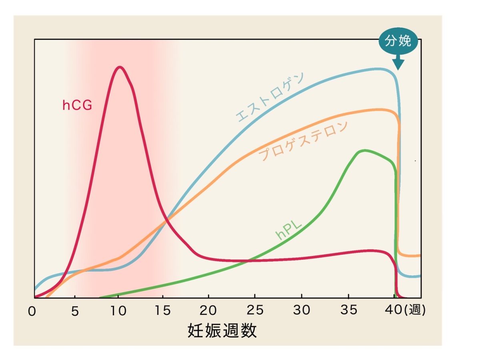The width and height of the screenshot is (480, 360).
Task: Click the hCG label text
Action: (77, 105)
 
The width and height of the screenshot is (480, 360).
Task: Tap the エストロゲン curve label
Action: (270, 97)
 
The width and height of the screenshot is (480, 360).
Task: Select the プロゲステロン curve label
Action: (304, 141)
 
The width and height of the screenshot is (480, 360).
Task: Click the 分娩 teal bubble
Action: (398, 42)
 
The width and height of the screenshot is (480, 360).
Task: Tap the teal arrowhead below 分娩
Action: (398, 64)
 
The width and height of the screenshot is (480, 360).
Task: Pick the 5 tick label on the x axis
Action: (75, 311)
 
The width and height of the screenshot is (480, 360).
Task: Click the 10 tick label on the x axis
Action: (118, 311)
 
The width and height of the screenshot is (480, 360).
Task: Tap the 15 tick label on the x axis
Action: (163, 311)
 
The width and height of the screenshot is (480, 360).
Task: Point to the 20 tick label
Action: (209, 311)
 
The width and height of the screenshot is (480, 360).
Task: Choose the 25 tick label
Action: (255, 311)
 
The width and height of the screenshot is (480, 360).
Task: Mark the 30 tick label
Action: (302, 311)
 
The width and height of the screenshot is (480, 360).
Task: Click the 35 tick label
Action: (348, 311)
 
